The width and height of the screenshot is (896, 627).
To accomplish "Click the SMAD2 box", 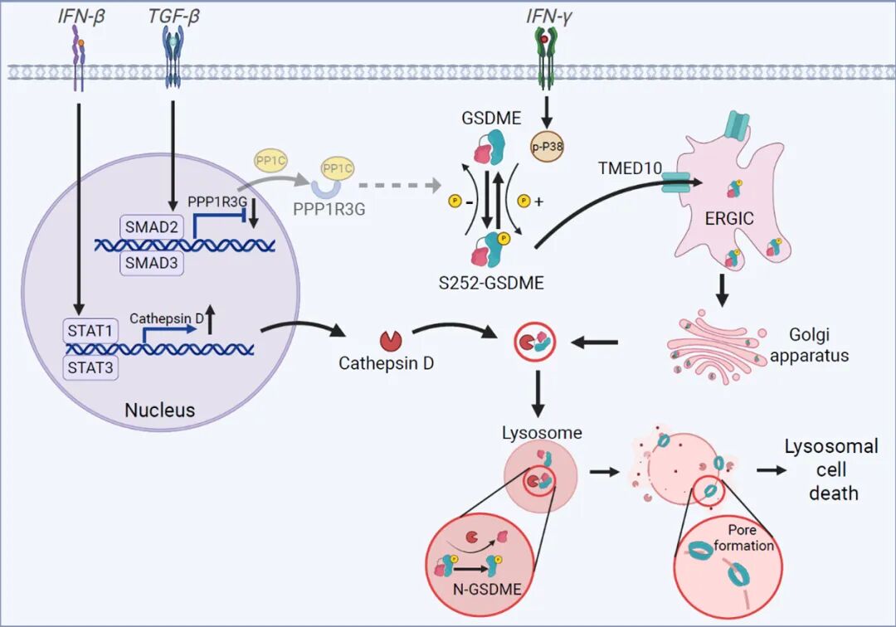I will coord(150,224).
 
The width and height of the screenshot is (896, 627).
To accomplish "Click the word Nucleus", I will coord(159,410).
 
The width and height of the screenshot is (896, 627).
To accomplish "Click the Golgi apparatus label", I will coord(820,345).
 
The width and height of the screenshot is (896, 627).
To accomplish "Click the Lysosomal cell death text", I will coord(831,469).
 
